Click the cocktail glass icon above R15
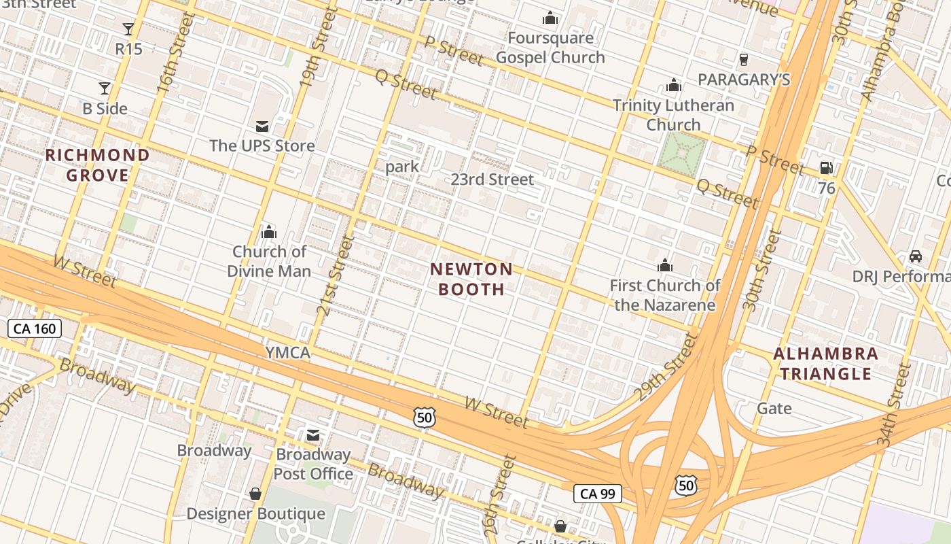pos(128,29)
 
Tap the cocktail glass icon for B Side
pos(105,88)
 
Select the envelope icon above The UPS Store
pos(262,126)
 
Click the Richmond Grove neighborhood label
pos(97,165)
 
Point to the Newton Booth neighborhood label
pos(471,279)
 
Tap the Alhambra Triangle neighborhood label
pos(825,364)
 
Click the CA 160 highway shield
pos(35,329)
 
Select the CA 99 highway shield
pos(598,494)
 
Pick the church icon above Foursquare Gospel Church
pos(550,18)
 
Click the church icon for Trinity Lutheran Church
pos(674,86)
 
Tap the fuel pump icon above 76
pos(827,168)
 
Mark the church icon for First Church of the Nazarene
pos(664,265)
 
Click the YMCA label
pos(287,352)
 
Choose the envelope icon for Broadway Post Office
pos(313,435)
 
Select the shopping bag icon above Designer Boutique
pos(255,494)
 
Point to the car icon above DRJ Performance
pos(916,257)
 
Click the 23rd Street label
pos(492,180)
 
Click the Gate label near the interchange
pos(774,409)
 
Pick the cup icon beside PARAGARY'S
pos(744,60)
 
